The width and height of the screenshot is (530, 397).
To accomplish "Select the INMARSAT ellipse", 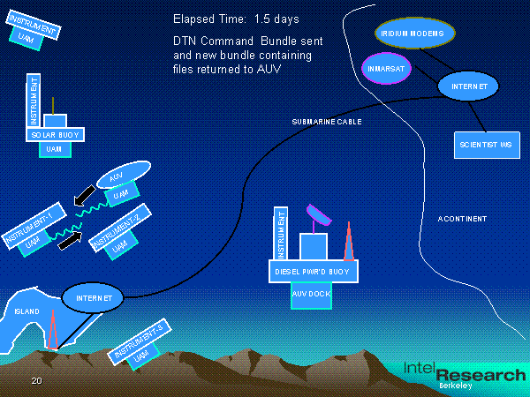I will point(386,67).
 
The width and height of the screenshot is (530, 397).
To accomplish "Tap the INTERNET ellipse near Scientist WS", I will point(468,86).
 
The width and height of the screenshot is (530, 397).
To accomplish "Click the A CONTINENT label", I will point(462,219).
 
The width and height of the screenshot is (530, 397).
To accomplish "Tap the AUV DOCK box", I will point(310,296).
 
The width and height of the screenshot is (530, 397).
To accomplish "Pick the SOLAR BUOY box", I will point(55,135).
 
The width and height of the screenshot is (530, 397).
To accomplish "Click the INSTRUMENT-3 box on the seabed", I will point(138,343).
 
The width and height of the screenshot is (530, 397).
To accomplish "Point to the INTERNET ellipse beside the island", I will point(94,298).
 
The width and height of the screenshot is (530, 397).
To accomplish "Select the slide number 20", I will point(36,381).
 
